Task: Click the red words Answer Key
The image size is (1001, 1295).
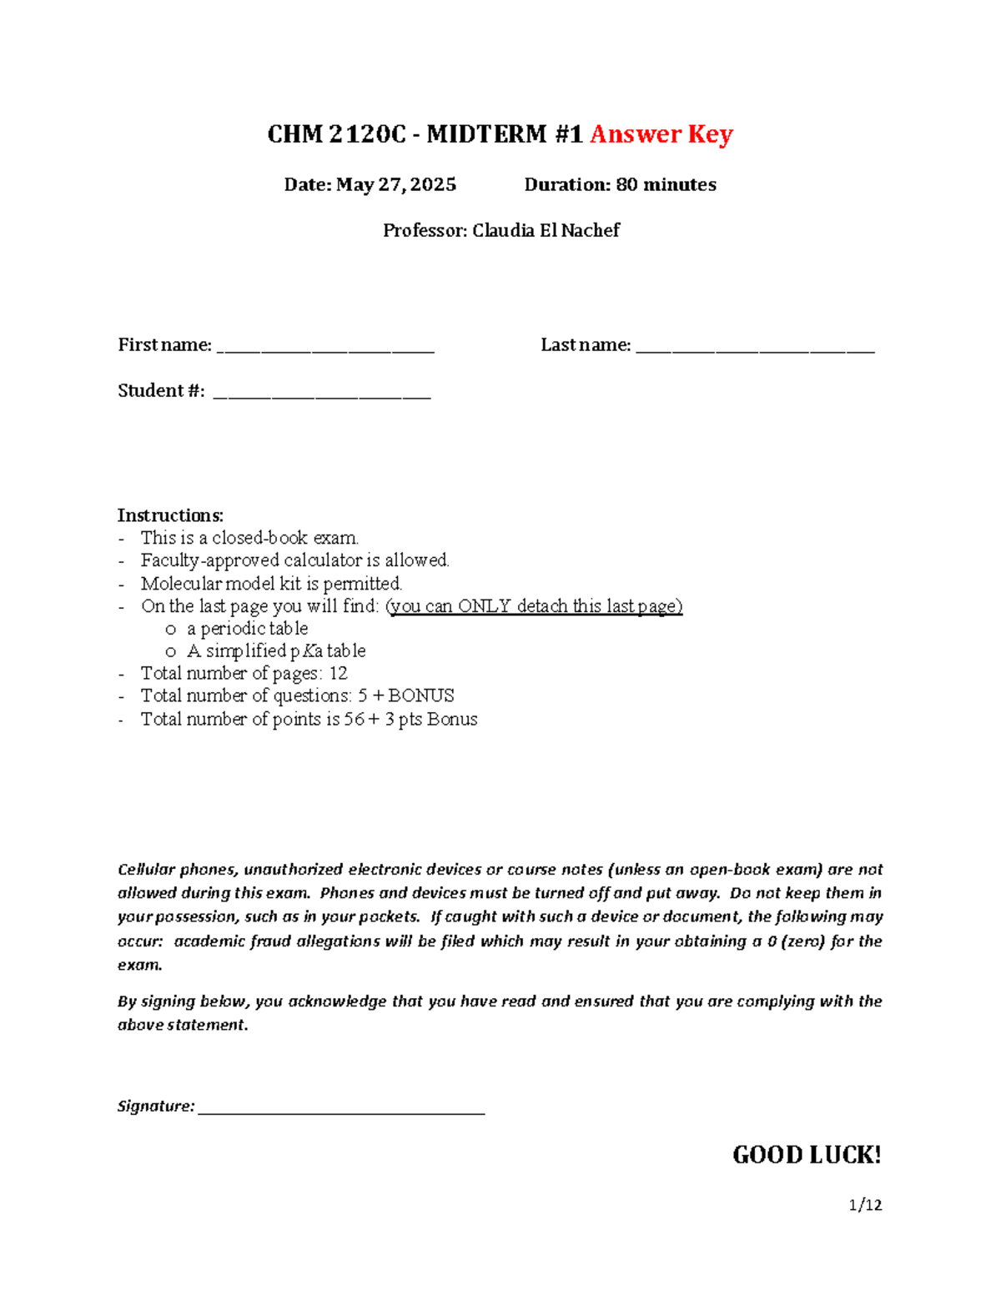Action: tap(661, 134)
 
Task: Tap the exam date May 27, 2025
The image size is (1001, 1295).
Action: tap(396, 185)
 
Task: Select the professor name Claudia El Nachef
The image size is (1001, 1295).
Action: tap(546, 231)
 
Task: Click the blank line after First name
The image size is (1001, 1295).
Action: tap(325, 348)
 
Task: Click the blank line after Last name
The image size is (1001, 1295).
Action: tap(755, 348)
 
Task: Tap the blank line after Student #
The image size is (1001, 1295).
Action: tap(322, 394)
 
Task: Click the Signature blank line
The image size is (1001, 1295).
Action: tap(341, 1109)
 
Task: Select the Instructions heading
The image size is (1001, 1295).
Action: tap(170, 515)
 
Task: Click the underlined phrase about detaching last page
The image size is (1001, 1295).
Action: tap(534, 606)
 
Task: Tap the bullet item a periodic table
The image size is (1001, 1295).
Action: tap(247, 629)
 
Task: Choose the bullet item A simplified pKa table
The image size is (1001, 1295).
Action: tap(276, 651)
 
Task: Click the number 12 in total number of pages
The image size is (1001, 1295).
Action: tap(338, 674)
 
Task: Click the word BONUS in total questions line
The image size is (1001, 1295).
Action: tap(421, 696)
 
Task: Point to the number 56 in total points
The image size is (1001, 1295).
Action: tap(354, 720)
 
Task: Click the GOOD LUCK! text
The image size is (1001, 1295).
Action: tap(807, 1155)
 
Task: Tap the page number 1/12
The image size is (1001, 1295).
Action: tap(865, 1205)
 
